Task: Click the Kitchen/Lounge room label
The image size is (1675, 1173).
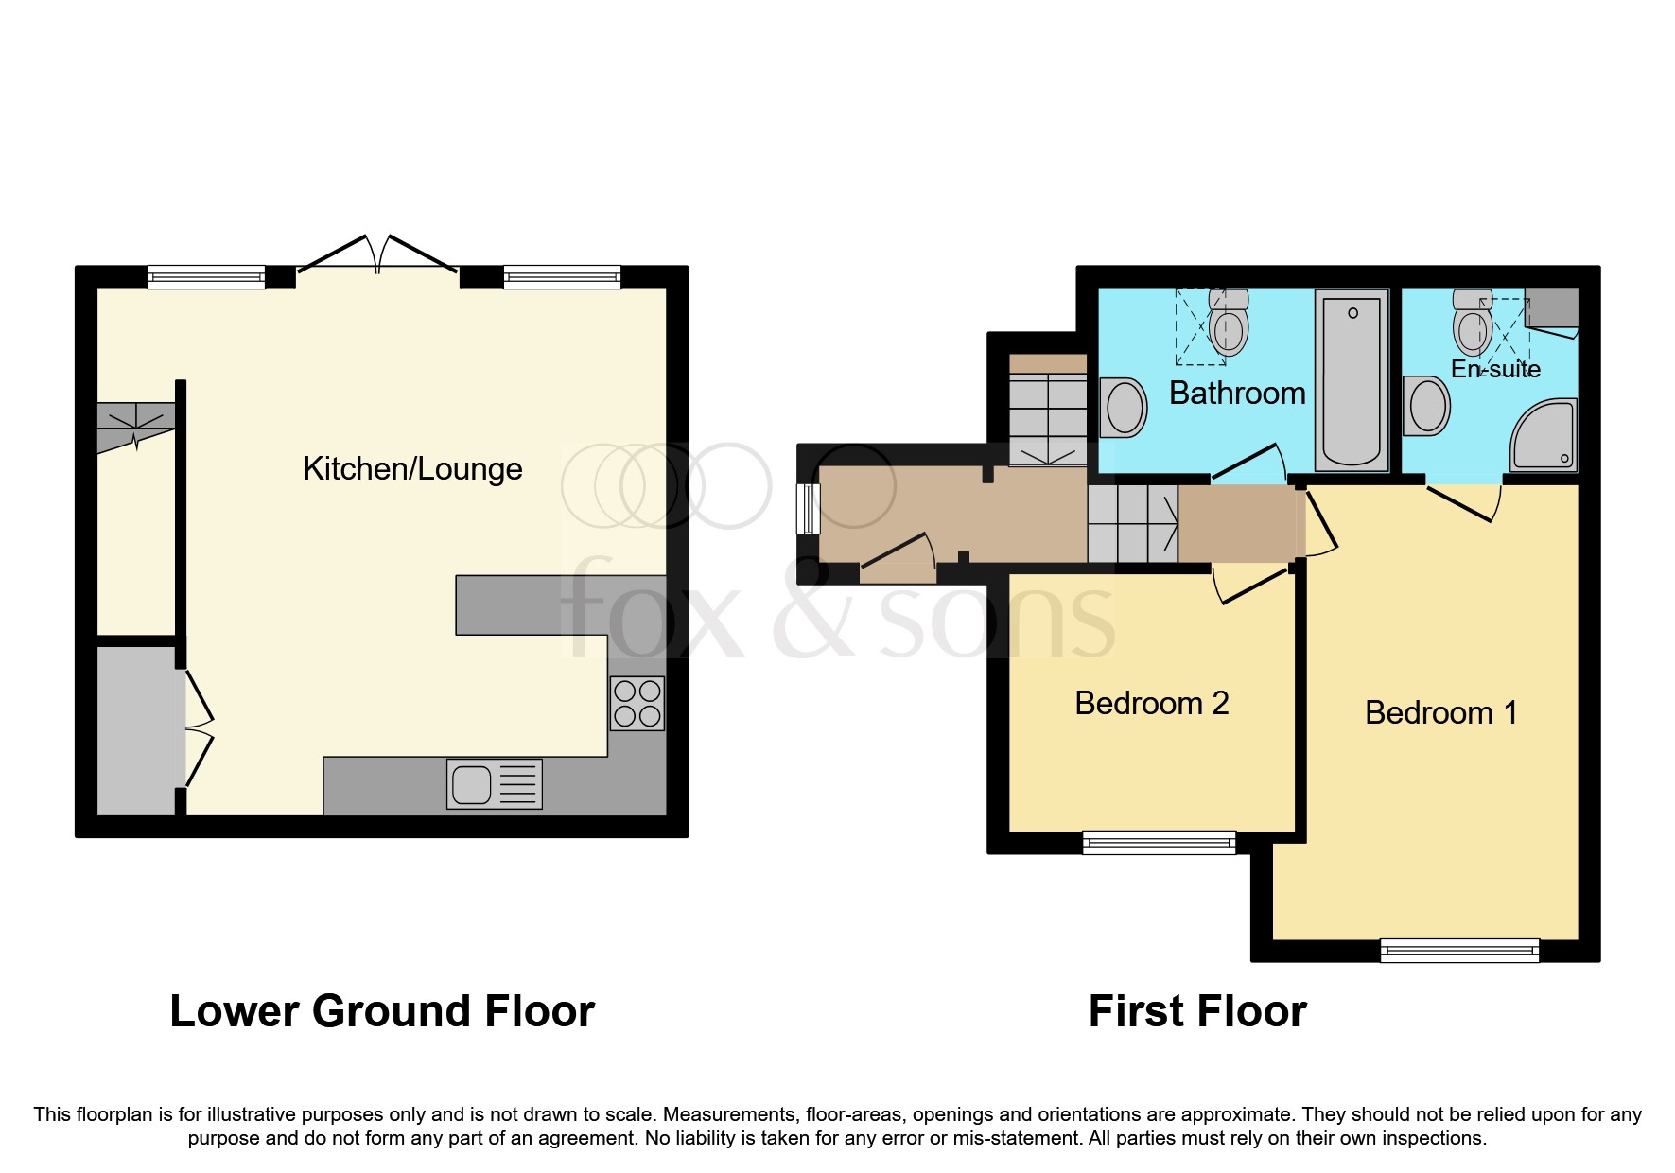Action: point(412,469)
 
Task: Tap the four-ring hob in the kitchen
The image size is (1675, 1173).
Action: point(637,704)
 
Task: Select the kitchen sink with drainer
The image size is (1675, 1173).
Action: point(494,784)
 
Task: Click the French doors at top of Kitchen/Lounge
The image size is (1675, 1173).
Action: point(378,257)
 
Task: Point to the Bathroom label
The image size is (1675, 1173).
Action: point(1237,394)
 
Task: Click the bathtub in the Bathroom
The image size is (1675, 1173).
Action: point(1352,380)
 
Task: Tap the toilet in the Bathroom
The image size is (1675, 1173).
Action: point(1229,324)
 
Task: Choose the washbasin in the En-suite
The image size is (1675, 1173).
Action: point(1426,406)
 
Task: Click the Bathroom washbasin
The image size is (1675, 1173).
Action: point(1124,407)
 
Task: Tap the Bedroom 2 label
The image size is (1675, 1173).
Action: point(1151,704)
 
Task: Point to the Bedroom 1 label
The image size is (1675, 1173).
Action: point(1440,713)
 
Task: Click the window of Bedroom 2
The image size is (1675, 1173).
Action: point(1159,842)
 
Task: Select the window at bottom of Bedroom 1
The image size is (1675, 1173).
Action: point(1459,950)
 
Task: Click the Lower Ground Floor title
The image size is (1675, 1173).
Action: point(382,1011)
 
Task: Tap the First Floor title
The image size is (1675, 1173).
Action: point(1197,1011)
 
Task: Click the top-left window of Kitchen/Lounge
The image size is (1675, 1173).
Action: point(206,277)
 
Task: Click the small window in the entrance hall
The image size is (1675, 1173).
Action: point(809,509)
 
